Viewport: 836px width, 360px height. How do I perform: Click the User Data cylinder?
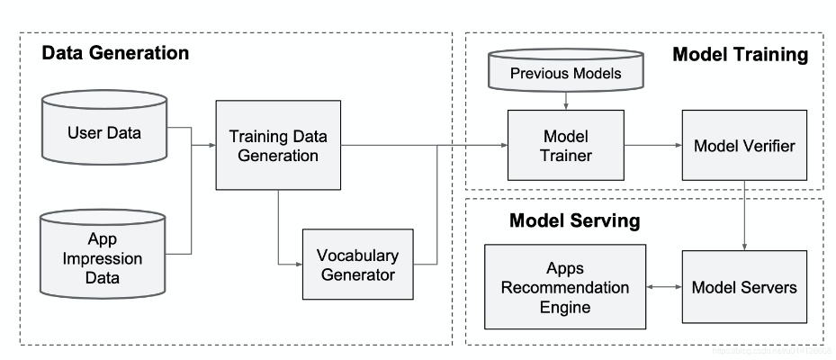pos(104,134)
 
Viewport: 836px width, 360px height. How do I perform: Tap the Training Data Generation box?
pos(278,145)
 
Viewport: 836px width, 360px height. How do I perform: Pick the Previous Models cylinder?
pos(565,73)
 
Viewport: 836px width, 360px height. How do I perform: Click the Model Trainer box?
pos(565,145)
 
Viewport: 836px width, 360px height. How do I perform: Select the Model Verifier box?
pos(743,145)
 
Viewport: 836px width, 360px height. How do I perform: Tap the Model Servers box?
pos(743,287)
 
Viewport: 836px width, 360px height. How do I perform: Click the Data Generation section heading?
pos(116,53)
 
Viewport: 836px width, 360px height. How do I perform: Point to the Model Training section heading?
pos(740,55)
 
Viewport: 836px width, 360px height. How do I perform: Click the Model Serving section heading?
pos(574,220)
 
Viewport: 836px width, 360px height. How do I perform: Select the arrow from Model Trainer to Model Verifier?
pos(652,145)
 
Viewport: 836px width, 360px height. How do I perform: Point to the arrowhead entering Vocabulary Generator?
pos(298,264)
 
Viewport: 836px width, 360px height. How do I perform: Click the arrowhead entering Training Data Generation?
pos(211,145)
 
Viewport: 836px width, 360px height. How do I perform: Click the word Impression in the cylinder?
pos(104,259)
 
